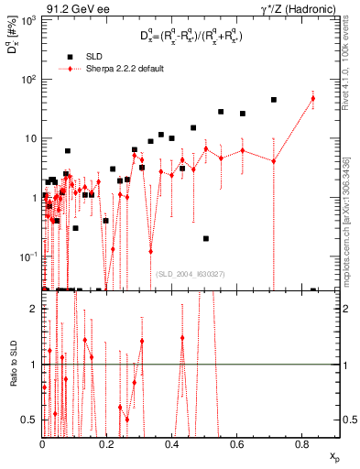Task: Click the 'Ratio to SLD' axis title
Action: coord(11,365)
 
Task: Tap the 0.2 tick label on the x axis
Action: coord(107,443)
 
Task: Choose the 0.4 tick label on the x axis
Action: coord(172,443)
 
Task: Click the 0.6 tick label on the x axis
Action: coord(237,443)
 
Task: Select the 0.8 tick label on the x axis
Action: coord(302,443)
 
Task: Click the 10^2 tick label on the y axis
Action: coord(29,79)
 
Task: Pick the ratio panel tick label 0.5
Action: coord(31,420)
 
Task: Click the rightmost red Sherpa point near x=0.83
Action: coord(313,98)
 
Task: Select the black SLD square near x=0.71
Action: coord(274,100)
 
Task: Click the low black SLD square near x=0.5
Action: coord(206,238)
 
